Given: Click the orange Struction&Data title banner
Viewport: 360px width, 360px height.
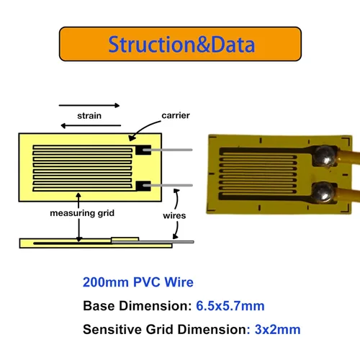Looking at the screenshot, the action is coord(180,44).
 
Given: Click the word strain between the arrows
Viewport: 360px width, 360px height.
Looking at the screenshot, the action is coord(89,116).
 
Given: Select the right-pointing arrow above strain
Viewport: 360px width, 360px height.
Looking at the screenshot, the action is coord(89,105).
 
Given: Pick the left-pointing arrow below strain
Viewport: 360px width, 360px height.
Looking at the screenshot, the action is coord(91,125).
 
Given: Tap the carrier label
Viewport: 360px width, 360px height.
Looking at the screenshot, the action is coord(176,115).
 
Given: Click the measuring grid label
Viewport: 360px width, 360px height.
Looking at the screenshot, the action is coord(82,213).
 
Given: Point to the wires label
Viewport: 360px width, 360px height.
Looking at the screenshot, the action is coord(174,215).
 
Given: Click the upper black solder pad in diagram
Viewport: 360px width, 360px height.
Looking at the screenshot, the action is coord(143,150).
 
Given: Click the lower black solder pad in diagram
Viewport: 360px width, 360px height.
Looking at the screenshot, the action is coord(143,186).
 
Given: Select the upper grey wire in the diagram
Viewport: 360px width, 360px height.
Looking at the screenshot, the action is coord(168,150).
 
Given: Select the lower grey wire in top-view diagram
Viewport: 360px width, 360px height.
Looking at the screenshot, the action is coord(168,185).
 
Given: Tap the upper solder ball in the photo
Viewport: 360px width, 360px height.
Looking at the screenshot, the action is coord(325,156).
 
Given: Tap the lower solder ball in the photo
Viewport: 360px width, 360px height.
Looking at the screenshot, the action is coord(323,192).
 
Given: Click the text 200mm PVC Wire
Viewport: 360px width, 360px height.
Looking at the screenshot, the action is coord(138,282).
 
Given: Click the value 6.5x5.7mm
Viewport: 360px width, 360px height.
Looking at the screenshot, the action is coord(230,306).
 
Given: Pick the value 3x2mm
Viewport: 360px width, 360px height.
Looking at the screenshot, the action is coord(277,329).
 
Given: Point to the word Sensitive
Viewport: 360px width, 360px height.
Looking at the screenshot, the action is coord(112,329).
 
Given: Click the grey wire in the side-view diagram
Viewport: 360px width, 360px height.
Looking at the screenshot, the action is coord(153,242).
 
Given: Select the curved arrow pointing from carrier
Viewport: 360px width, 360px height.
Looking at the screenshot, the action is coord(142,127).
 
